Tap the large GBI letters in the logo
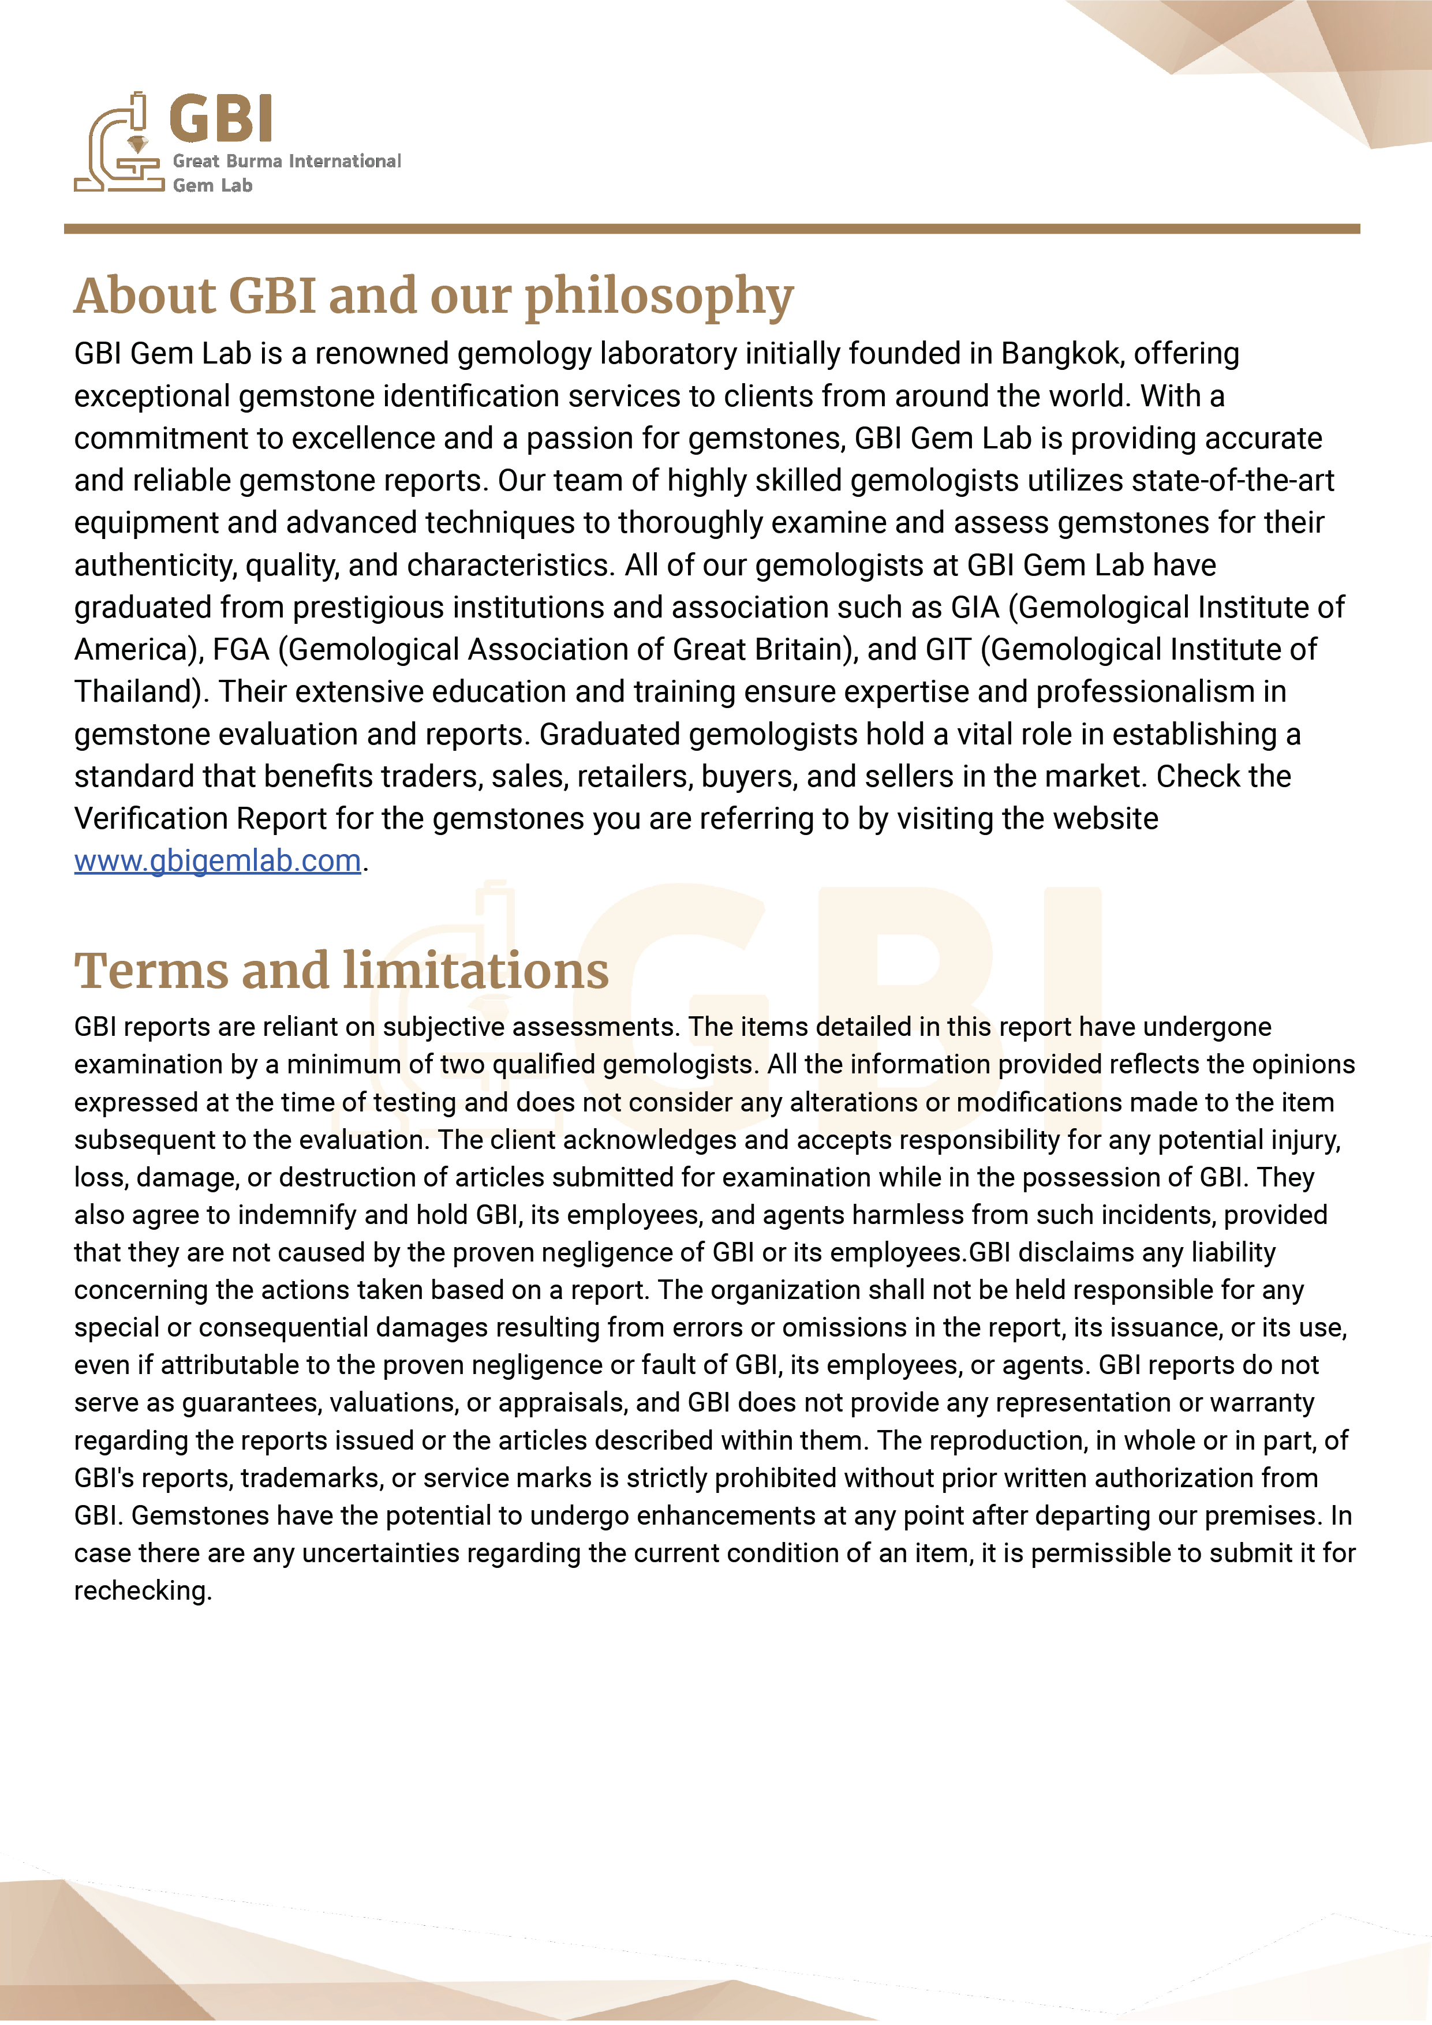220,119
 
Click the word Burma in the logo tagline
254,162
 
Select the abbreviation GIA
975,608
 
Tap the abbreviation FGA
240,650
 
